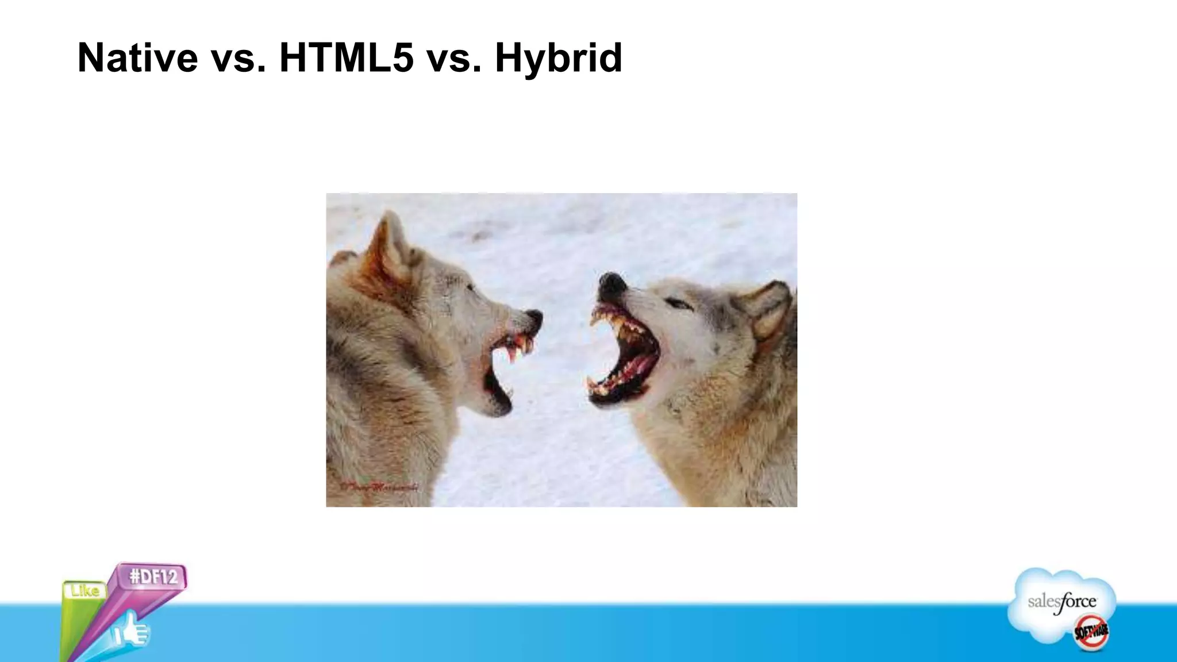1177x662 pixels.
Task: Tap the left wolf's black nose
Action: pyautogui.click(x=534, y=318)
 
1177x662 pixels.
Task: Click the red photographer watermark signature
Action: pyautogui.click(x=379, y=487)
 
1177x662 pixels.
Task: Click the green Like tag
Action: pyautogui.click(x=84, y=590)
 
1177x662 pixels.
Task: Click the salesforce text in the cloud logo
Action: pyautogui.click(x=1061, y=602)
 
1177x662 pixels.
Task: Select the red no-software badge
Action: pyautogui.click(x=1091, y=631)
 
